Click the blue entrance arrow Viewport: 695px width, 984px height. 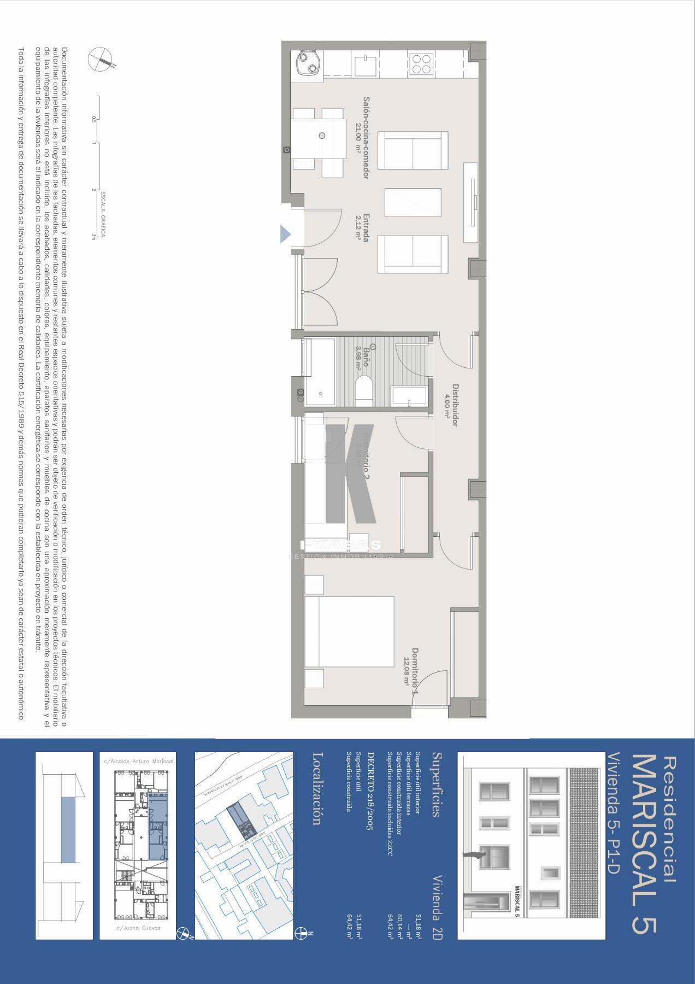[x=285, y=234]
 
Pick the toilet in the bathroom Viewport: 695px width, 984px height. [x=363, y=391]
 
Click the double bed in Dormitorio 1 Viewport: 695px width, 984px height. [x=350, y=631]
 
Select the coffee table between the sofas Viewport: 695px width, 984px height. [x=413, y=202]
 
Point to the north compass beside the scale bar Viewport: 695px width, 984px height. [x=101, y=58]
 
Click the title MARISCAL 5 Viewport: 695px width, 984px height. [x=644, y=842]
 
